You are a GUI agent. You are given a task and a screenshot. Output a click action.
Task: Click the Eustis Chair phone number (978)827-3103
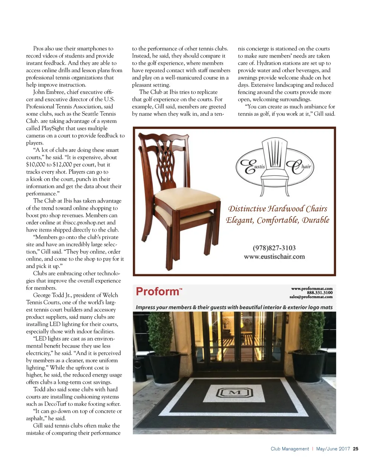click(274, 248)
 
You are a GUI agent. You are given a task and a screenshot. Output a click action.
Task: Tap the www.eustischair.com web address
click(274, 257)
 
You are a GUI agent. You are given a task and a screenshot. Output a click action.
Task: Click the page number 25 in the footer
click(356, 449)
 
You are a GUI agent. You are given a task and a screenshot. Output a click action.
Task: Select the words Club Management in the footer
click(289, 449)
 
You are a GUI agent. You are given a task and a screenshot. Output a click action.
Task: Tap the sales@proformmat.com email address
click(311, 297)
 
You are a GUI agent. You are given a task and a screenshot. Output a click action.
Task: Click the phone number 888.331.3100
click(320, 293)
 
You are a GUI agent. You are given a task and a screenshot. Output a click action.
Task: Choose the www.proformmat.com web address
click(312, 289)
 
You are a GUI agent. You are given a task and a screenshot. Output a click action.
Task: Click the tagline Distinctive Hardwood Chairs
click(278, 209)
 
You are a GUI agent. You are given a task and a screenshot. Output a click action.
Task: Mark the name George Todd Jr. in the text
click(52, 295)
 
